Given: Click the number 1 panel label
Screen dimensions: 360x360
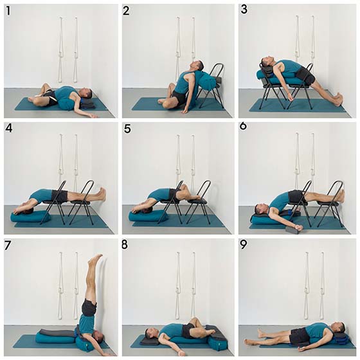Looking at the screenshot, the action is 8,10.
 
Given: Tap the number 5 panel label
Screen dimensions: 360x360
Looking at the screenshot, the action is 127,129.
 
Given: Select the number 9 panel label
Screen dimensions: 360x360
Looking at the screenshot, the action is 244,245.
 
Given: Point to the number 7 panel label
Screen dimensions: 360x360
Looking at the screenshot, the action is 8,246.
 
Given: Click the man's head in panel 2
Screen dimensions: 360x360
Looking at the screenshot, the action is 198,66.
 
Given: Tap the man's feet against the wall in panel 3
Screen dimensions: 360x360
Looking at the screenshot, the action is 339,98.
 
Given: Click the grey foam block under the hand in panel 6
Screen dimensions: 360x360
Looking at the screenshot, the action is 293,230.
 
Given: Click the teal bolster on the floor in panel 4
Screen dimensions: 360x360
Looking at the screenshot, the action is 31,217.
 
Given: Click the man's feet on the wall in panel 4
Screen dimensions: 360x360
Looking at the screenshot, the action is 102,194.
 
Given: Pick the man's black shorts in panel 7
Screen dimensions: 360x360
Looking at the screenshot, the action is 89,307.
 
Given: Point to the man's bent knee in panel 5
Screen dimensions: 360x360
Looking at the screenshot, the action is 183,188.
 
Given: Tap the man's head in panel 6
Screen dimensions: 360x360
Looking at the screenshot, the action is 260,209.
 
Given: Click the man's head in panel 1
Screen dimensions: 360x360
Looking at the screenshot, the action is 86,93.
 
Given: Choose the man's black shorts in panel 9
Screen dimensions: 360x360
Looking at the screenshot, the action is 298,335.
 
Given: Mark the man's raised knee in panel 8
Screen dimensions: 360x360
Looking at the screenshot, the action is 194,321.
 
